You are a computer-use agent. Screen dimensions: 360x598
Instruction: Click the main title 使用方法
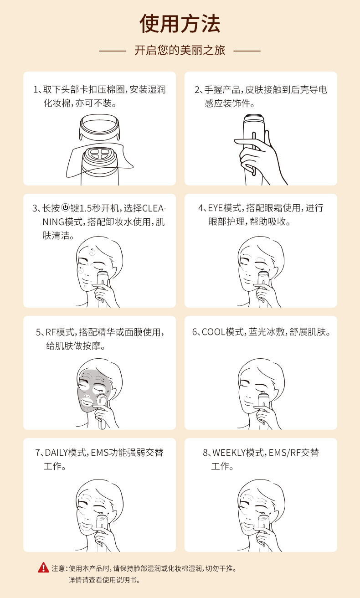[x=180, y=24]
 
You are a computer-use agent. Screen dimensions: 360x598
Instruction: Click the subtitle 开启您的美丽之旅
[x=180, y=50]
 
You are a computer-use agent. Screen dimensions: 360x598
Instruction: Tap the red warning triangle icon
[x=43, y=567]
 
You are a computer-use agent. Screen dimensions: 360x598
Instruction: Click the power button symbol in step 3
[x=65, y=207]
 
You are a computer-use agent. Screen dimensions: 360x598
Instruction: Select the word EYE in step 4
[x=216, y=208]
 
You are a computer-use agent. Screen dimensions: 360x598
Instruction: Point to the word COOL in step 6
[x=213, y=332]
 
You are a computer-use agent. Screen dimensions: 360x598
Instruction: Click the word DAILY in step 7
[x=56, y=453]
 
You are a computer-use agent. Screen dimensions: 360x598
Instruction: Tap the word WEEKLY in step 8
[x=229, y=453]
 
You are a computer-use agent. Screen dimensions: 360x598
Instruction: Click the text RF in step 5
[x=51, y=332]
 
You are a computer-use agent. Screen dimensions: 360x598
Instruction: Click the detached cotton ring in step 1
[x=99, y=127]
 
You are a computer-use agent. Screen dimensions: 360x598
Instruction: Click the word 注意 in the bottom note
[x=58, y=568]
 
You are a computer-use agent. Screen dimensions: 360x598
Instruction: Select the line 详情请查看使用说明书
[x=104, y=580]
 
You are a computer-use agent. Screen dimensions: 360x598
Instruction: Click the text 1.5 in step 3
[x=85, y=208]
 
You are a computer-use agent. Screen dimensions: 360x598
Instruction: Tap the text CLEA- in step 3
[x=154, y=208]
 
